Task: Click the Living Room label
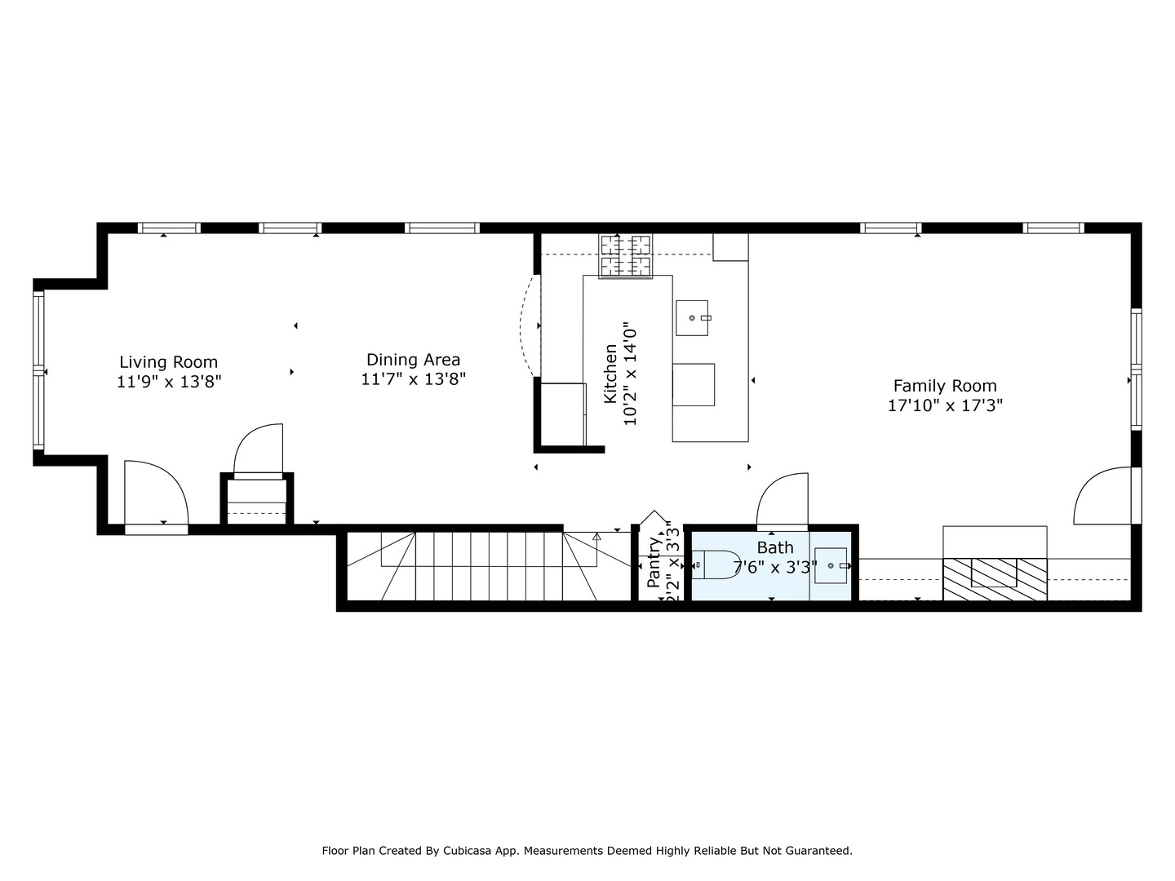click(x=168, y=362)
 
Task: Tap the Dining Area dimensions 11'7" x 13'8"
click(x=413, y=379)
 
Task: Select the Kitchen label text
click(x=610, y=374)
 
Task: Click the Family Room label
click(x=945, y=386)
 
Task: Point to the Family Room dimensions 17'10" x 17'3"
click(x=945, y=405)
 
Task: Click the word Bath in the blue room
click(x=774, y=547)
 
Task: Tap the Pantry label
click(x=654, y=562)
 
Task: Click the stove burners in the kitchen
click(x=626, y=255)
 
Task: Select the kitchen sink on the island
click(x=692, y=317)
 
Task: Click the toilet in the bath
click(x=713, y=564)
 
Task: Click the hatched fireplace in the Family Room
click(x=995, y=578)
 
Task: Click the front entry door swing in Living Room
click(x=155, y=494)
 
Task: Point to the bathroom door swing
click(x=783, y=499)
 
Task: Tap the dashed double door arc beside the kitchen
click(x=529, y=326)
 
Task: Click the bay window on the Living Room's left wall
click(x=38, y=371)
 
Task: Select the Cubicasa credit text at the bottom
click(x=587, y=851)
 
